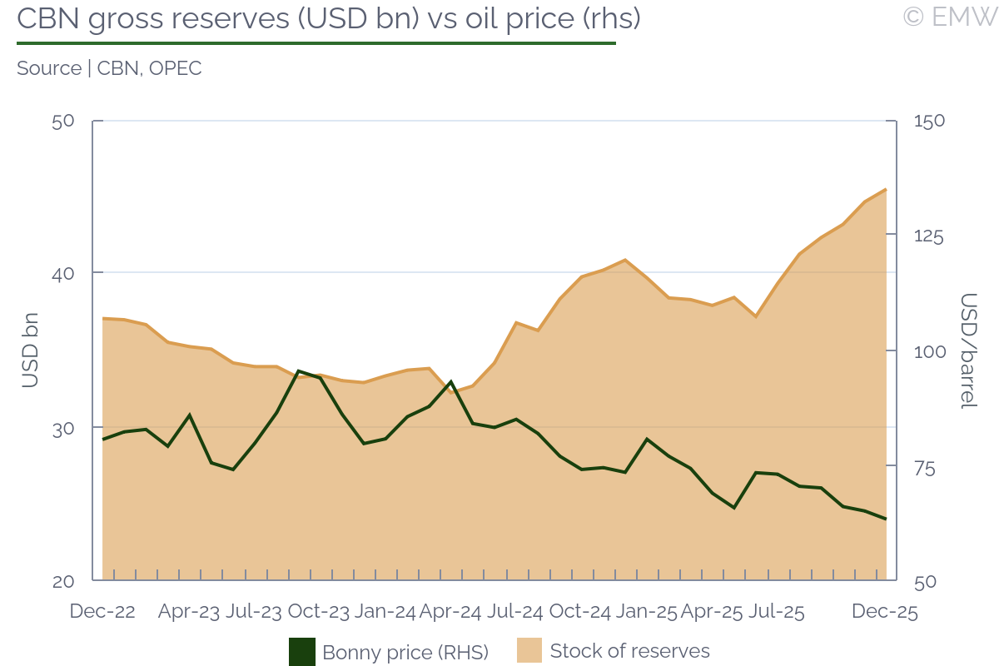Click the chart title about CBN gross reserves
pos(329,18)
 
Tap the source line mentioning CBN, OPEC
pos(109,68)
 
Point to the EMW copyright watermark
pos(949,17)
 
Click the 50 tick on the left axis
pos(63,121)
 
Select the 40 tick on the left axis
pos(63,274)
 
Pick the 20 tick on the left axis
pos(63,581)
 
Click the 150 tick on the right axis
pos(929,121)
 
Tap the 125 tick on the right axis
pos(929,236)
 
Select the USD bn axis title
pos(30,350)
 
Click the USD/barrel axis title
pos(967,350)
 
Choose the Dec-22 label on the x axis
pos(102,612)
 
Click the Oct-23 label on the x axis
pos(319,612)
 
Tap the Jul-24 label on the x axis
pos(515,612)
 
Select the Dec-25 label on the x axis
pos(884,612)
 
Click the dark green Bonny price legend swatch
pos(302,651)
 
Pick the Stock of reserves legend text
pos(629,651)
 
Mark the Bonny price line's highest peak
pos(299,370)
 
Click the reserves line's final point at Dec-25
pos(886,190)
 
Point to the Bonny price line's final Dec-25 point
pos(886,519)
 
